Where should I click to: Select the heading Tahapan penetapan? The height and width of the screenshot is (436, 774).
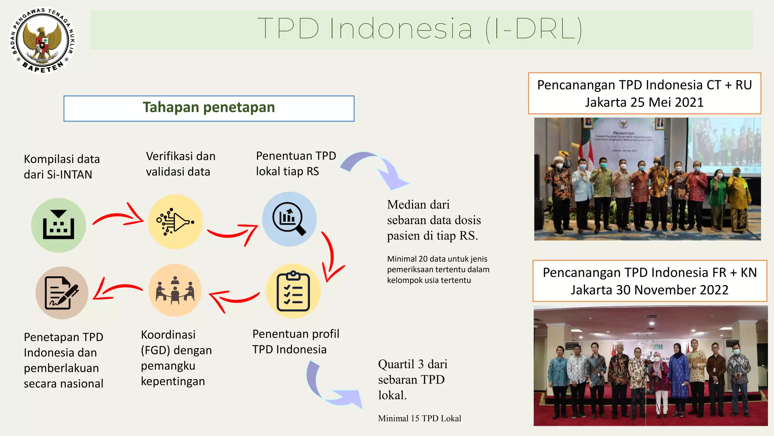209,108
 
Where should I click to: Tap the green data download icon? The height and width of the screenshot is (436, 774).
59,225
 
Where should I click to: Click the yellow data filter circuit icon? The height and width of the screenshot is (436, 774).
175,222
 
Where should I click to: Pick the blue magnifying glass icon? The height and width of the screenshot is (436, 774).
289,219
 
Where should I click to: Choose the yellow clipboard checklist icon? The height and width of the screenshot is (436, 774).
293,291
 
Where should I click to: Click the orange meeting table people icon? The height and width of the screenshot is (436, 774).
175,290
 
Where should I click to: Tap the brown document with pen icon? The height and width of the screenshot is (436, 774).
62,293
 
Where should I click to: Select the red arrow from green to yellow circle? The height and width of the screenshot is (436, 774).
119,217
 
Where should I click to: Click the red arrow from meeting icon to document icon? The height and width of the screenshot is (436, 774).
117,289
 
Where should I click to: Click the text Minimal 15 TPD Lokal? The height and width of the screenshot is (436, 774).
420,419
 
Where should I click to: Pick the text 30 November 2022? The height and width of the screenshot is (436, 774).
672,290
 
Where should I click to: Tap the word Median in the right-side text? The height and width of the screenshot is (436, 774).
403,205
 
